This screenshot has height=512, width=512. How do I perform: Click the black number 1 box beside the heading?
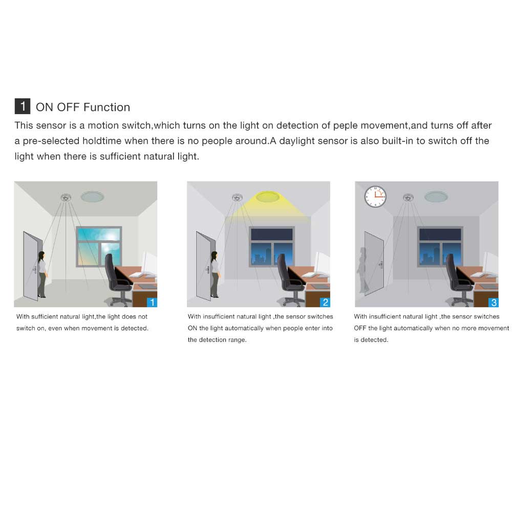[x=23, y=106]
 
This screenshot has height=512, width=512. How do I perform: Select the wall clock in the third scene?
[x=375, y=196]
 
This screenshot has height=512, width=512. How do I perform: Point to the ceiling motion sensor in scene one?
[x=66, y=197]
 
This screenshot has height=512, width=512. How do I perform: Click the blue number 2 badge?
[x=325, y=302]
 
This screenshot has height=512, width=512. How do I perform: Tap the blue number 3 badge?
[x=493, y=302]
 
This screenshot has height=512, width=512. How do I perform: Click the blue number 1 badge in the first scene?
[x=152, y=302]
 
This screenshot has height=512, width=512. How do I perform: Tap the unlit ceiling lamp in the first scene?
[x=92, y=197]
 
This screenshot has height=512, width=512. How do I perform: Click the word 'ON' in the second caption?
[x=193, y=328]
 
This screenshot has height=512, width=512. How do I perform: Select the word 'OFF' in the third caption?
[x=360, y=328]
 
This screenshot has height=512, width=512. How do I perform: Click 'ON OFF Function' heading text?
[x=83, y=107]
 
